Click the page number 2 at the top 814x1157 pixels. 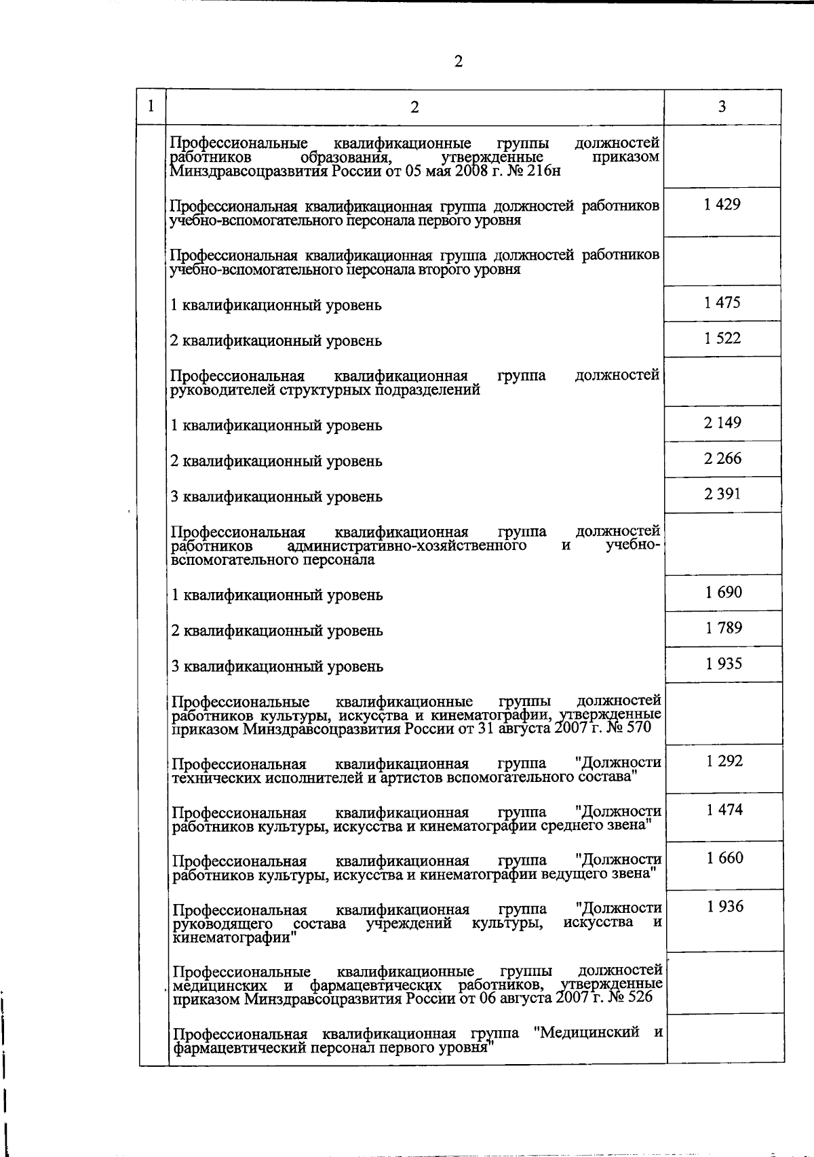(458, 62)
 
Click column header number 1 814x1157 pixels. (151, 106)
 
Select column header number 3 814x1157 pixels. (722, 106)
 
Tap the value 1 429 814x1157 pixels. (722, 204)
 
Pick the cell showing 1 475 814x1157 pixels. (722, 302)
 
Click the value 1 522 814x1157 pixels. (722, 338)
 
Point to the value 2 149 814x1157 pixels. (722, 423)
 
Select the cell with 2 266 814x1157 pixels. (722, 458)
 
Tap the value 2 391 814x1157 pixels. (722, 494)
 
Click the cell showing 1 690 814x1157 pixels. (723, 592)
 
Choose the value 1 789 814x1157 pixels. (723, 627)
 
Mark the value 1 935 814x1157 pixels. (723, 663)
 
